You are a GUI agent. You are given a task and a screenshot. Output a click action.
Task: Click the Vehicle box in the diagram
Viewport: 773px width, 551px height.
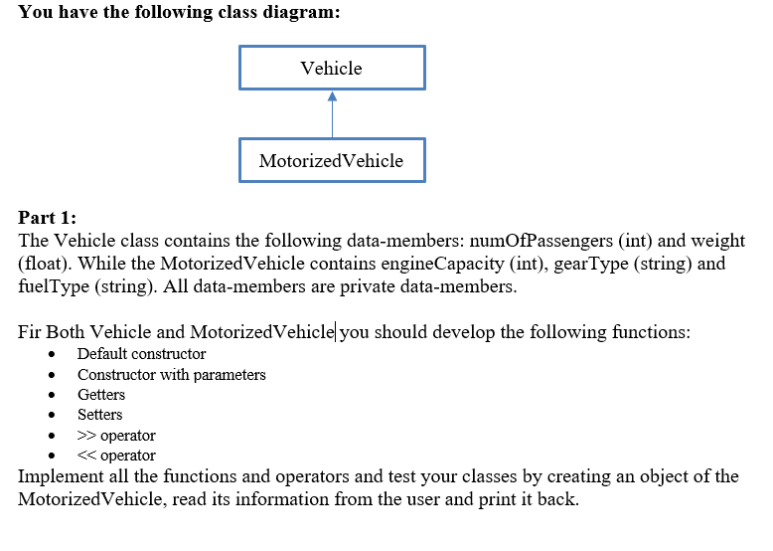click(x=332, y=68)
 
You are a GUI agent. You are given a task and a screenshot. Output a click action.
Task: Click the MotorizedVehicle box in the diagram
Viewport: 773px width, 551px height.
click(x=332, y=160)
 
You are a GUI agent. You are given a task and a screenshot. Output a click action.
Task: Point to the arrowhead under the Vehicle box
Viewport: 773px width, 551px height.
click(x=332, y=96)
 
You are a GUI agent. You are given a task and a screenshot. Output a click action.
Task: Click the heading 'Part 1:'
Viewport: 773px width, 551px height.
click(x=48, y=218)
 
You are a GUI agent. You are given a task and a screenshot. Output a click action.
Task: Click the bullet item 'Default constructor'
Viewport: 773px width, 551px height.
click(x=141, y=354)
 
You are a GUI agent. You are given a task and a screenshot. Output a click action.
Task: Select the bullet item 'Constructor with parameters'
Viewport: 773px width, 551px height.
click(x=171, y=375)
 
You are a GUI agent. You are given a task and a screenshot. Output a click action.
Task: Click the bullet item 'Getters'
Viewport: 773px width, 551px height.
click(x=101, y=395)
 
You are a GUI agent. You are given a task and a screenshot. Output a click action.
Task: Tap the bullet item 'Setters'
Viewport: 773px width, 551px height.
click(x=100, y=415)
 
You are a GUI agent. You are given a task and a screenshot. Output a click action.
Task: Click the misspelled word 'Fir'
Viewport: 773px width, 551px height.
click(x=30, y=332)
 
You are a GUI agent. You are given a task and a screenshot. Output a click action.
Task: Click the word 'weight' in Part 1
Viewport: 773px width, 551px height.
click(x=715, y=241)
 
